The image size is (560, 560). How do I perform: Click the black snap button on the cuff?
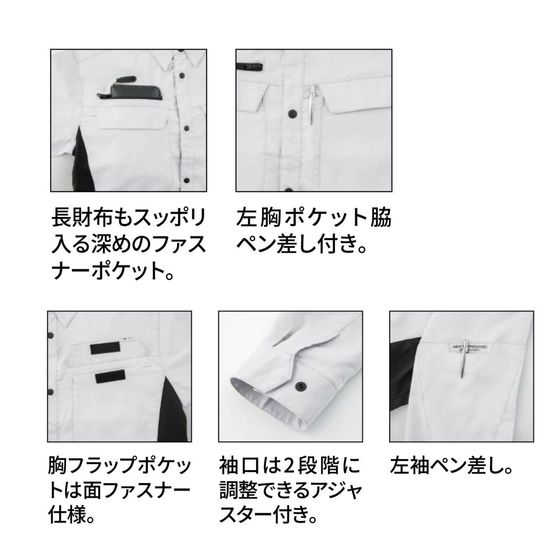click(x=301, y=385)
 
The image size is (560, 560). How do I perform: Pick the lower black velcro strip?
click(x=110, y=377)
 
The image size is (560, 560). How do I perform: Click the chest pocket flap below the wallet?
click(x=133, y=121)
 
